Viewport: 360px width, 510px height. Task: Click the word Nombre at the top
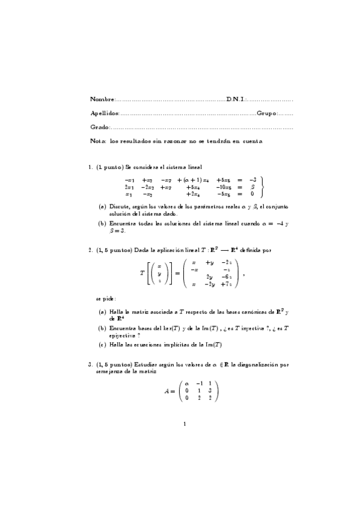(101, 99)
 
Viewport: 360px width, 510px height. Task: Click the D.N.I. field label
(236, 99)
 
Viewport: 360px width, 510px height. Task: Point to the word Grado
(100, 127)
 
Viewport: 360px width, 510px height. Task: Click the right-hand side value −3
(252, 180)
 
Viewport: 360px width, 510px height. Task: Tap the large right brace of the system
(262, 187)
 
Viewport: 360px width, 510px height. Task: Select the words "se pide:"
(106, 298)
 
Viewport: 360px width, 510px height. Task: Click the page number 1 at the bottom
(185, 424)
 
